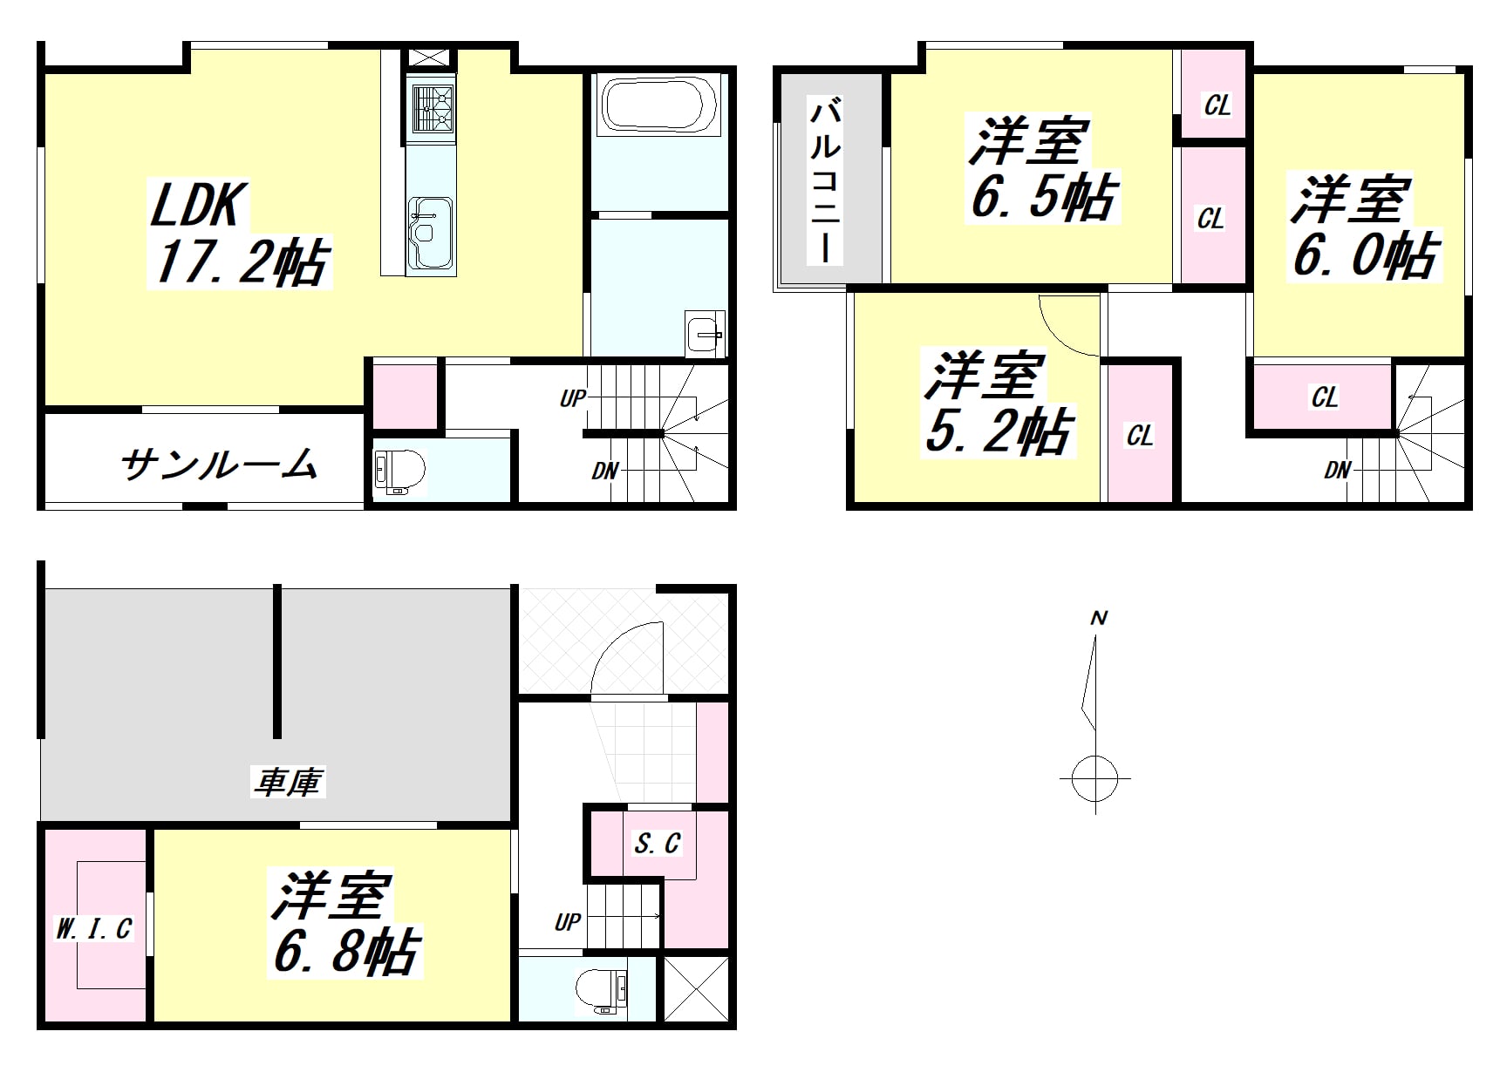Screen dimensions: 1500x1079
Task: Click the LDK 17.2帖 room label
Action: [x=239, y=234]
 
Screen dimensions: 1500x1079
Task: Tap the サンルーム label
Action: [x=219, y=464]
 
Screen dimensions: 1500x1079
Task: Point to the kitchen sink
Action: [x=430, y=232]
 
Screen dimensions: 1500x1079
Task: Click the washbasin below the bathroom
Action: [x=705, y=333]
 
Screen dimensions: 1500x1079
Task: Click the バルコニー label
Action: [x=825, y=181]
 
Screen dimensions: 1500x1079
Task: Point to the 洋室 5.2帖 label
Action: [x=997, y=403]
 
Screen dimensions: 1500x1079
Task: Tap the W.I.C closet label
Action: [x=93, y=929]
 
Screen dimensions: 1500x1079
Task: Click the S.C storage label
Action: [x=657, y=843]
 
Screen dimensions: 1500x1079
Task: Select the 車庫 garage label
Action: [x=289, y=782]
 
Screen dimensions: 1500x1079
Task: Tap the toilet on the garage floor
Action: [x=602, y=990]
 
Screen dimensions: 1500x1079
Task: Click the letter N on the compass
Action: [x=1099, y=618]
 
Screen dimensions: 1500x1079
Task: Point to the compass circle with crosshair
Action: [x=1095, y=777]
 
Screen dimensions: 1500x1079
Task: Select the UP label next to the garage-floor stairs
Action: [x=567, y=921]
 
